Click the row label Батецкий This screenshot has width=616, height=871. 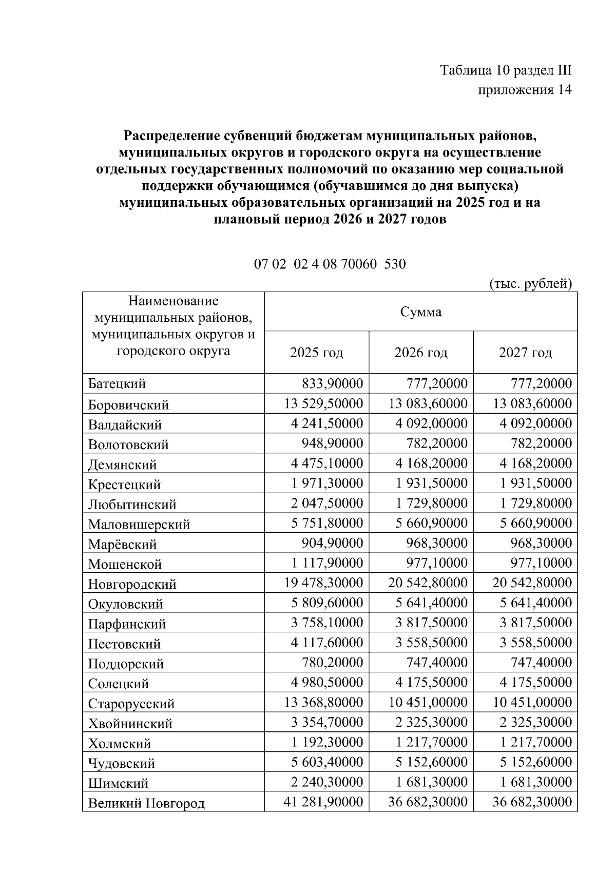pyautogui.click(x=117, y=384)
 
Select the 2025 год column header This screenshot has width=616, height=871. pyautogui.click(x=317, y=353)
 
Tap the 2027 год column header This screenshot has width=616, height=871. pyautogui.click(x=525, y=353)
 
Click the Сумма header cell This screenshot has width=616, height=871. pyautogui.click(x=421, y=312)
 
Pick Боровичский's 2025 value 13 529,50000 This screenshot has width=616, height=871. pyautogui.click(x=324, y=403)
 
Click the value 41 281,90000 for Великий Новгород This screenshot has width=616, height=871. pyautogui.click(x=324, y=802)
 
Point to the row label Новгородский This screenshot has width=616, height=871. pyautogui.click(x=132, y=584)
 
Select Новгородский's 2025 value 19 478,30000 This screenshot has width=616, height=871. pyautogui.click(x=324, y=583)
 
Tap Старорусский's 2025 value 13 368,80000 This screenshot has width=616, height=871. pyautogui.click(x=324, y=702)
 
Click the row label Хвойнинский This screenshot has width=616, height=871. pyautogui.click(x=130, y=724)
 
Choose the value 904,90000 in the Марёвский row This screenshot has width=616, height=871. pyautogui.click(x=333, y=543)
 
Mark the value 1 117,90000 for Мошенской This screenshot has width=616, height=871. pyautogui.click(x=328, y=563)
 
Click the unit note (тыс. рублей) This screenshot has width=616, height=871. pyautogui.click(x=531, y=283)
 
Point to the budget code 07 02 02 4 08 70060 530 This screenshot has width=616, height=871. pyautogui.click(x=330, y=264)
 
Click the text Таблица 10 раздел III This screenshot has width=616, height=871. pyautogui.click(x=506, y=70)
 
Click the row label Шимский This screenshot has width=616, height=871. pyautogui.click(x=119, y=783)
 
